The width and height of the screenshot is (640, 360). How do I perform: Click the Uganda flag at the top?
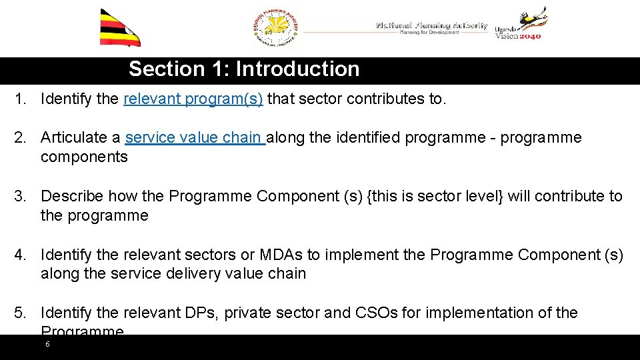click(x=120, y=27)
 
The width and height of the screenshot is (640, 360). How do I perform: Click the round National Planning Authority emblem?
click(x=277, y=29)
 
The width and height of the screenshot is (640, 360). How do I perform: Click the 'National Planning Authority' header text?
click(x=431, y=26)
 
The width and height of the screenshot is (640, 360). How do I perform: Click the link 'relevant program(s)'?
click(x=193, y=99)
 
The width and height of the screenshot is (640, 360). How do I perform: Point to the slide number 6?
click(x=47, y=345)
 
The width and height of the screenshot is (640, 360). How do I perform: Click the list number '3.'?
click(x=22, y=196)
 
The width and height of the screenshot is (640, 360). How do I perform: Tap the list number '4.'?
click(x=22, y=255)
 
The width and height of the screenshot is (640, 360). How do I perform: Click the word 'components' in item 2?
click(x=84, y=157)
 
